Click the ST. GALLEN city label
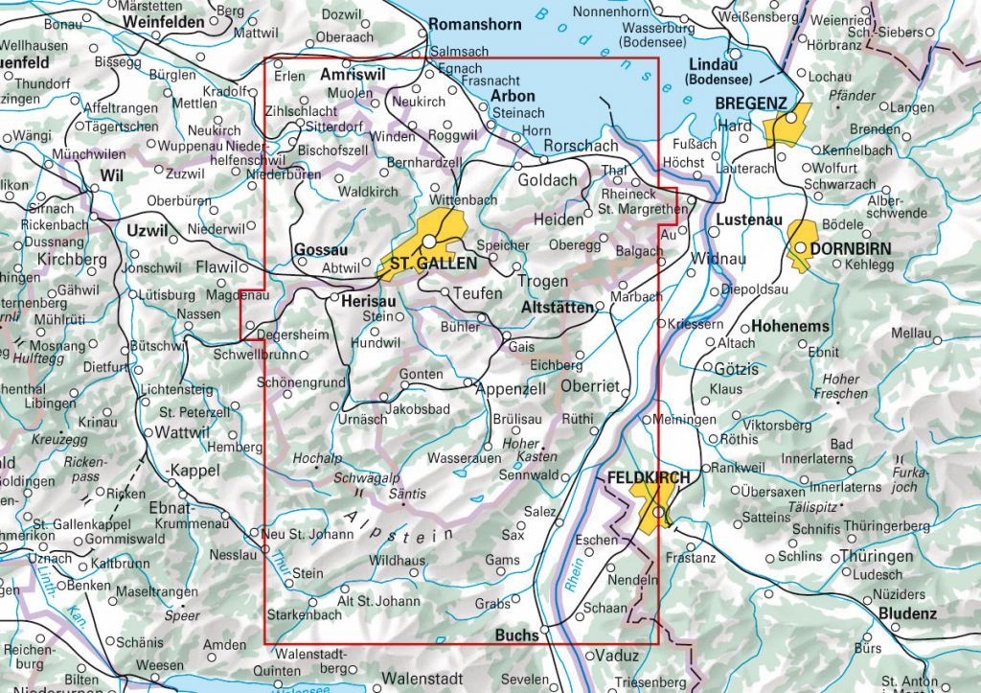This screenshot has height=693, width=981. (x=432, y=264)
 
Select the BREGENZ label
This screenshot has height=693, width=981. (x=750, y=104)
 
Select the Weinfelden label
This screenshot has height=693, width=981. (x=164, y=22)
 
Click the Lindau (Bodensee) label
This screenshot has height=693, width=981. (x=721, y=72)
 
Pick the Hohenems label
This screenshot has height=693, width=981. (x=790, y=327)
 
